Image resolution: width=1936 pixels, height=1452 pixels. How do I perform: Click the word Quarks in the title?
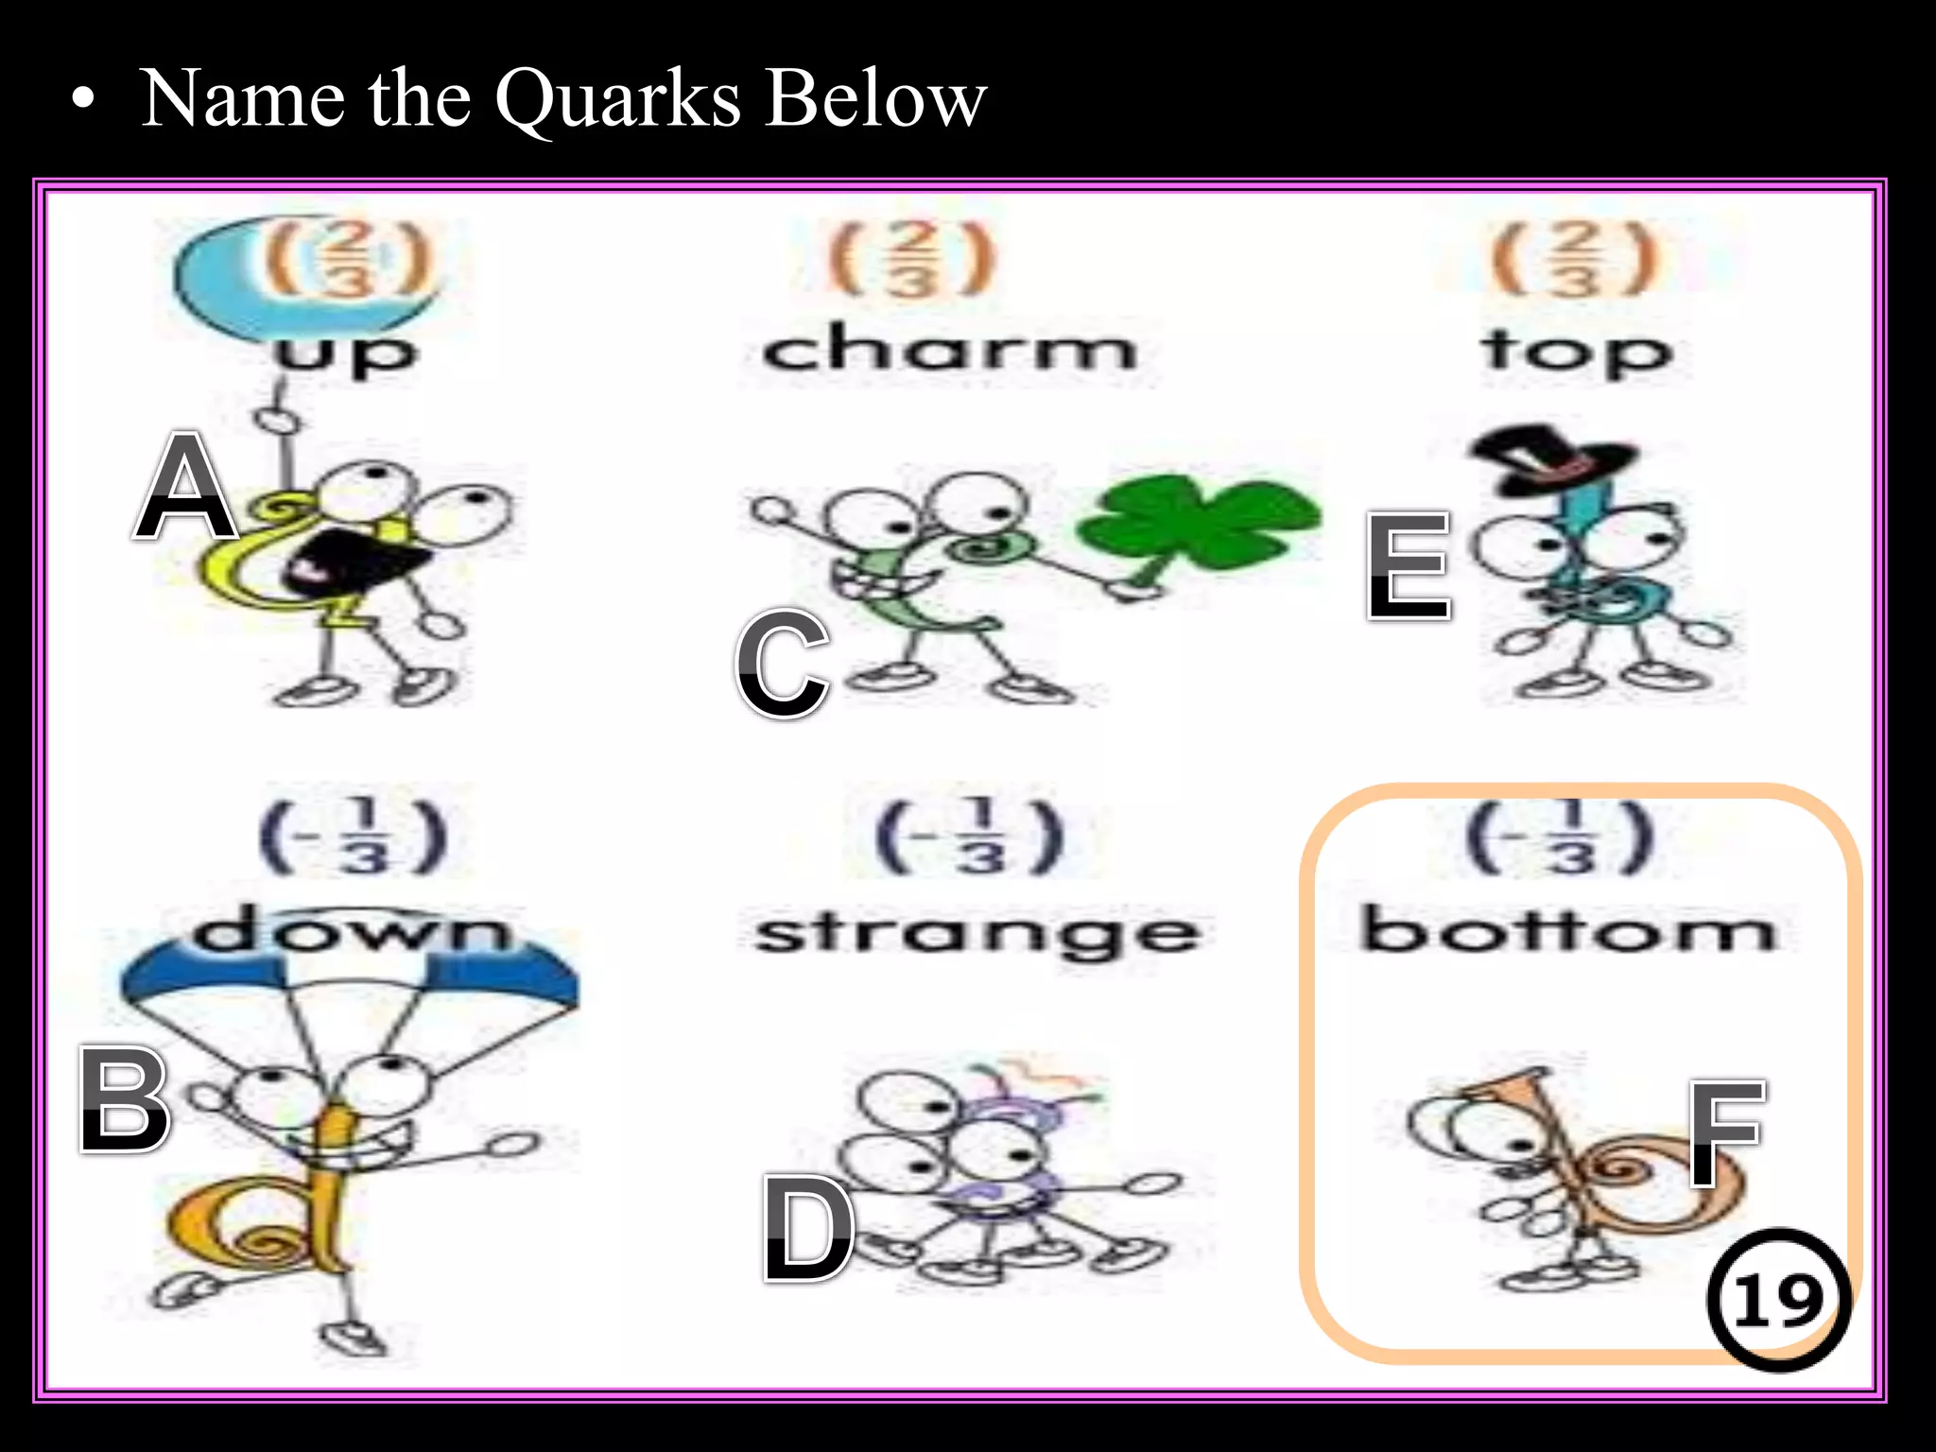pos(618,99)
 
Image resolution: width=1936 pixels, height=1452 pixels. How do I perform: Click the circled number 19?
pos(1778,1300)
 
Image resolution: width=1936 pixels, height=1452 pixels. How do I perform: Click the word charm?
pos(949,350)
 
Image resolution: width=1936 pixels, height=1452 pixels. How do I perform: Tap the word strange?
pos(977,934)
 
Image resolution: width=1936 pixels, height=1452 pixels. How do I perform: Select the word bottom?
pos(1568,930)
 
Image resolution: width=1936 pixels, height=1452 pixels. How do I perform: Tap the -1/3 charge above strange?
pos(970,836)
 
